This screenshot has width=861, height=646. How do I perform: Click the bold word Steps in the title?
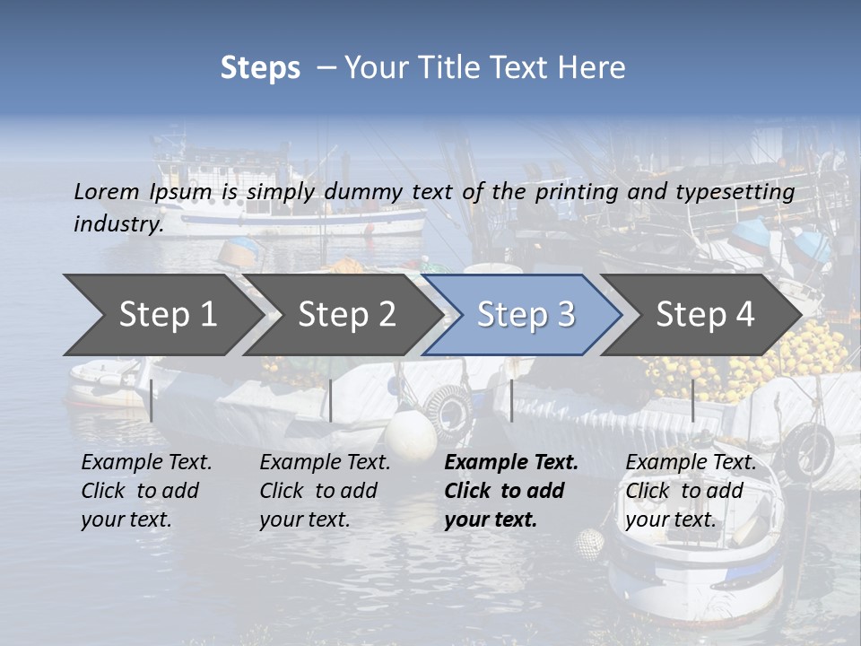click(260, 68)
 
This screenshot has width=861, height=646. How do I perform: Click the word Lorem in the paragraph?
click(106, 191)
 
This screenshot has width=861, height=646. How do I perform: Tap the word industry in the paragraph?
click(117, 223)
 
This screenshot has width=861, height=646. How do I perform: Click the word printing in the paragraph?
click(574, 191)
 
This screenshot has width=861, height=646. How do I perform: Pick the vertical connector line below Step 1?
click(152, 400)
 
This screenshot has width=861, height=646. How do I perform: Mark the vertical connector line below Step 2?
click(331, 400)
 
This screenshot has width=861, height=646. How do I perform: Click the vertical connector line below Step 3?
click(511, 400)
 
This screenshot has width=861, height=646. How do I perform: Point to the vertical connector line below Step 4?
click(692, 400)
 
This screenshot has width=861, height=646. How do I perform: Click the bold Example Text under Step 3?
click(511, 463)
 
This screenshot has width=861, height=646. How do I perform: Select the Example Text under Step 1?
click(146, 463)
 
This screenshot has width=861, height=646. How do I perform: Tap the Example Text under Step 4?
click(691, 463)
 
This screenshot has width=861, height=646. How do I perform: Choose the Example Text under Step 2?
click(325, 463)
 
